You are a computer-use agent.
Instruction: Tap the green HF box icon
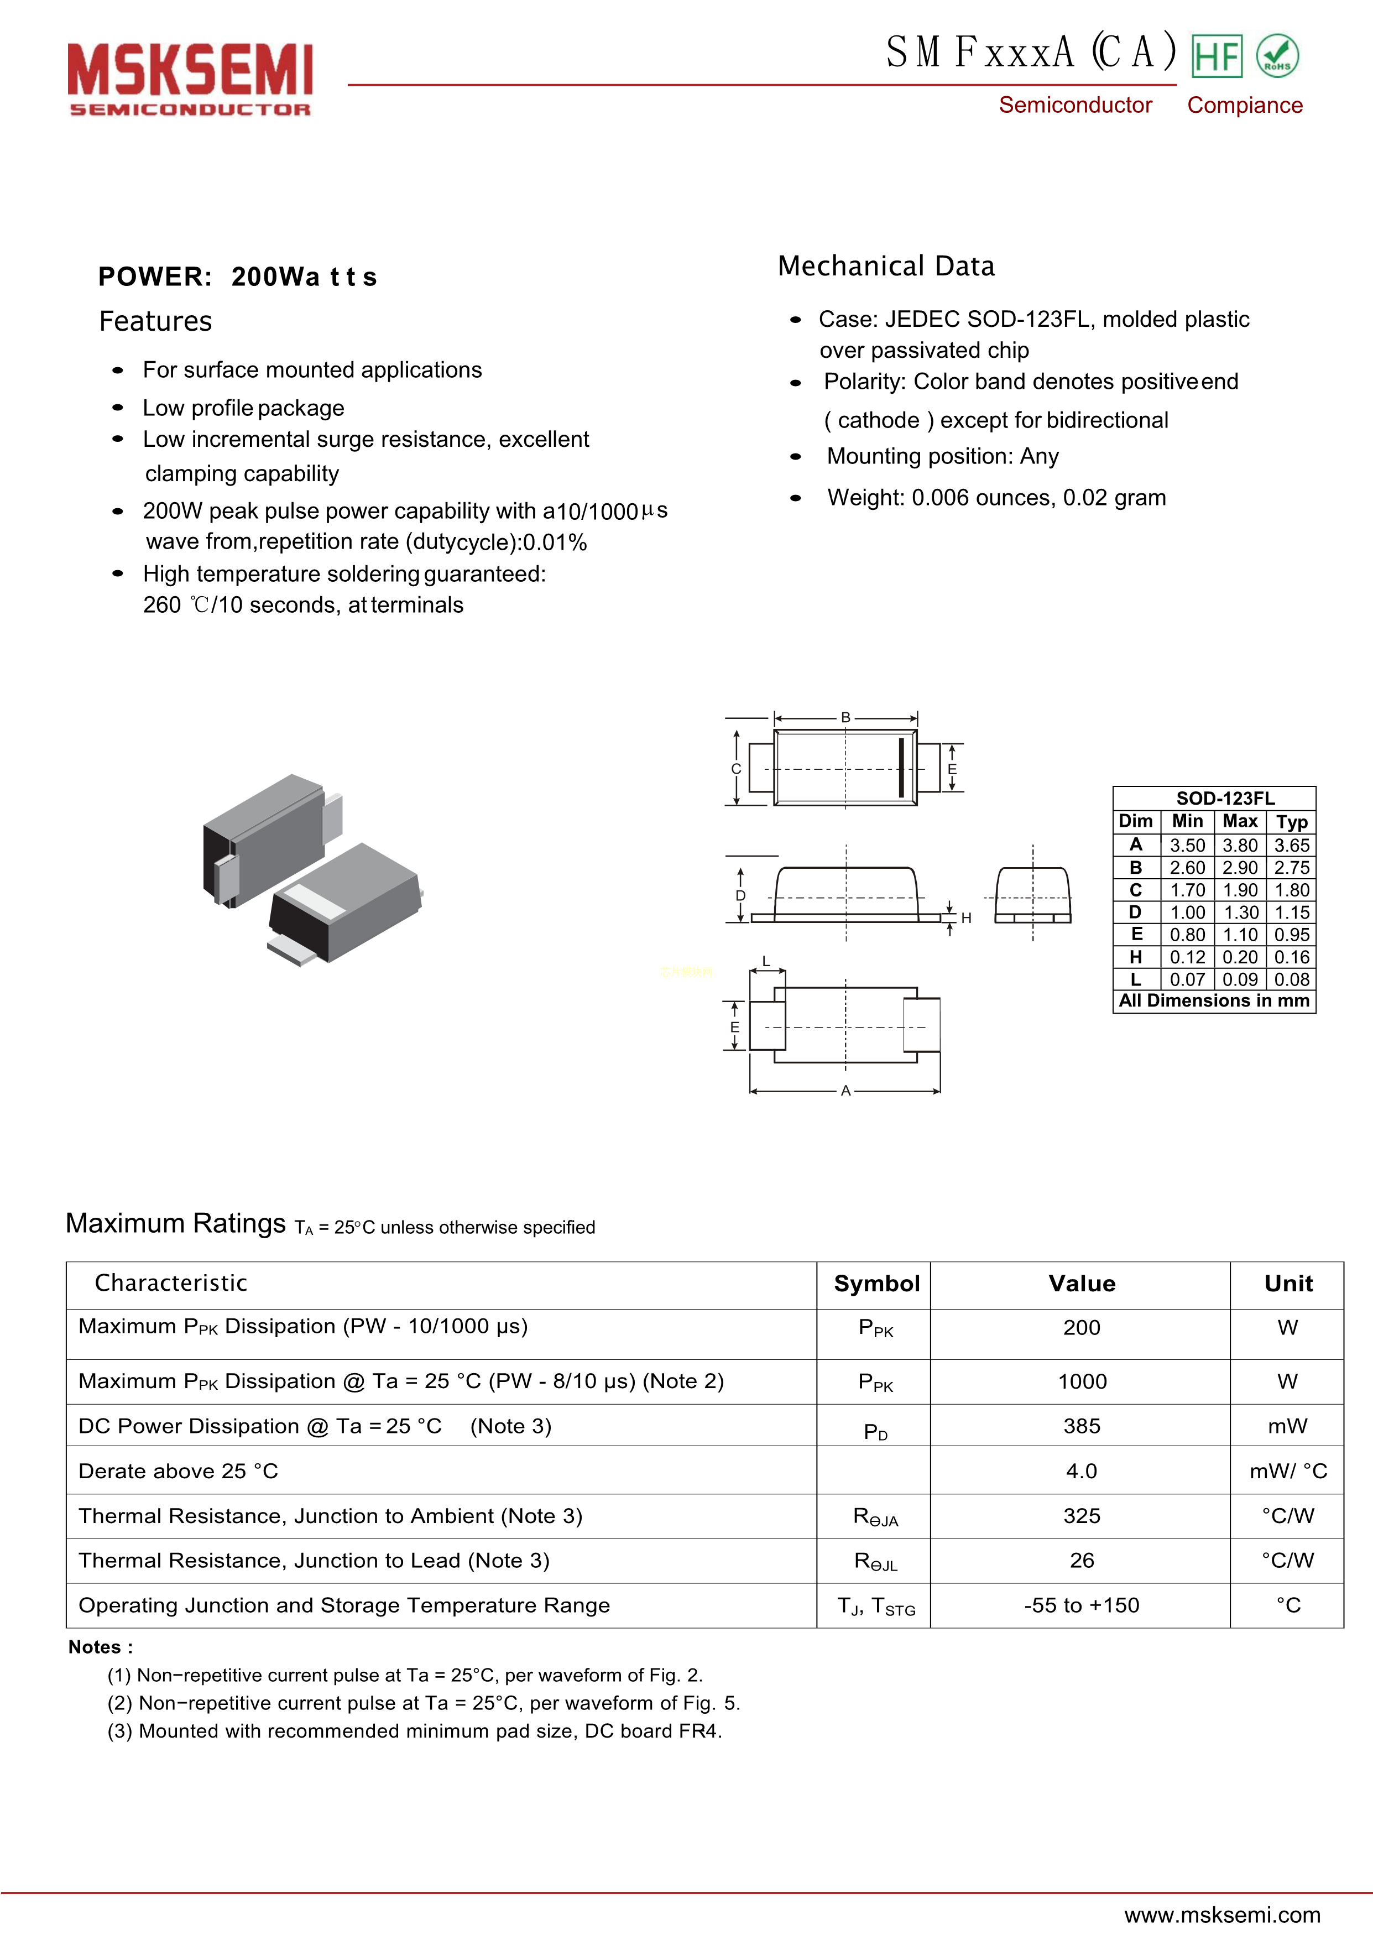[1217, 56]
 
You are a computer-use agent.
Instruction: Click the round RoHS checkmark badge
[1277, 56]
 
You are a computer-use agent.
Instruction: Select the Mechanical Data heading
[886, 266]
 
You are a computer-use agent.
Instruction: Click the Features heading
[155, 321]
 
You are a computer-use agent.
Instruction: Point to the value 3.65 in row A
[1292, 846]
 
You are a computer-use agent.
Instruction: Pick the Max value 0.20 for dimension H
[1239, 957]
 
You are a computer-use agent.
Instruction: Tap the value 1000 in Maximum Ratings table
[1082, 1381]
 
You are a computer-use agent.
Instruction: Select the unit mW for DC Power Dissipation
[1287, 1427]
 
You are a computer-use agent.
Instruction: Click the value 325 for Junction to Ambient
[1082, 1516]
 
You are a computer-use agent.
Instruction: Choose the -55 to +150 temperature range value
[1082, 1605]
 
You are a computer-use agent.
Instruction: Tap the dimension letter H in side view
[967, 918]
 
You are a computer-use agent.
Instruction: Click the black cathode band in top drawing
[901, 768]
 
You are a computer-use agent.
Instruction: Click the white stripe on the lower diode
[313, 901]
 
